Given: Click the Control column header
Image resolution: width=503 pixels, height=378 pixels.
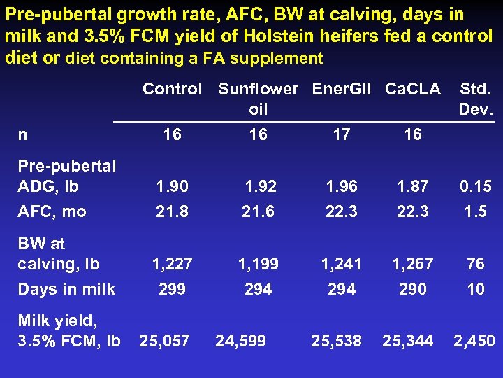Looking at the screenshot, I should tap(172, 89).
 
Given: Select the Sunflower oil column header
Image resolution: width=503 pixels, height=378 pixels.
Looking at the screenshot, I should tap(258, 99).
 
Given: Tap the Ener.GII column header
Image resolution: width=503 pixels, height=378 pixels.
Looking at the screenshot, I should tap(342, 89).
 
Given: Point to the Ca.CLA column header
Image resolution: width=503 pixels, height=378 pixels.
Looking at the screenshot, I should tap(413, 89).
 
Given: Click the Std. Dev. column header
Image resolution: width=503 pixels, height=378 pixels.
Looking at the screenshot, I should tap(476, 99).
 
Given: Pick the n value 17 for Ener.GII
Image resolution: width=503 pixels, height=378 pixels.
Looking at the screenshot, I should tap(342, 134).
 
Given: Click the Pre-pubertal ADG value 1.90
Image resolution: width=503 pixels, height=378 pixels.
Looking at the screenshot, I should tap(172, 186).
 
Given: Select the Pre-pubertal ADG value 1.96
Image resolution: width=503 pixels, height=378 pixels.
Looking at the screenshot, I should tap(342, 186).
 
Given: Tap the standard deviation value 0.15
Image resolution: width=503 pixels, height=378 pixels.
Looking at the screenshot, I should tap(476, 186).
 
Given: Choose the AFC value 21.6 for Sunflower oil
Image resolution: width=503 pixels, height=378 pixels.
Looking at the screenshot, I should tap(258, 211).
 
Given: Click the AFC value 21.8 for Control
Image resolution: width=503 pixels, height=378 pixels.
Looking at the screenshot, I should tap(172, 211).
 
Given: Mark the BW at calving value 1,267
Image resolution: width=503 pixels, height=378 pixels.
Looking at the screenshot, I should tap(413, 264).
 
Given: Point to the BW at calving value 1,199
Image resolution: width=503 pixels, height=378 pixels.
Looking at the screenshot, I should tap(258, 264).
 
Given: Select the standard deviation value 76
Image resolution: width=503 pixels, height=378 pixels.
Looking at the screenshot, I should tap(476, 264).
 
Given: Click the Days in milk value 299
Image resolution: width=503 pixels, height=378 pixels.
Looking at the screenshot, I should tap(172, 289).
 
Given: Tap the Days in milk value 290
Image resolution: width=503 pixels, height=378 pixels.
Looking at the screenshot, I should tap(413, 289).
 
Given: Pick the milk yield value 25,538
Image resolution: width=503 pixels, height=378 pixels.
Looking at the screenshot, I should tap(336, 341).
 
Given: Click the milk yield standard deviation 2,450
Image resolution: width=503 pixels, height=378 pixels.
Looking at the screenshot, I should tap(474, 341).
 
